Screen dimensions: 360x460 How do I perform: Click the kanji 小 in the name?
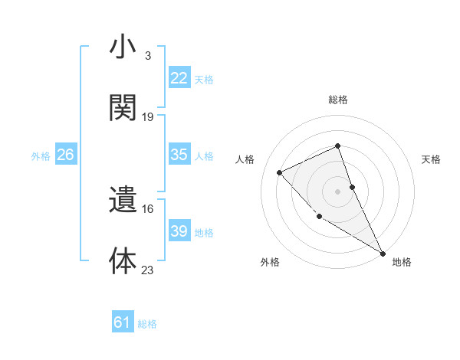pyautogui.click(x=123, y=48)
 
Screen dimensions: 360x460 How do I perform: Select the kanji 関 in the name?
pyautogui.click(x=123, y=108)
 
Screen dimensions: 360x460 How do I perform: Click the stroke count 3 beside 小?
pyautogui.click(x=147, y=56)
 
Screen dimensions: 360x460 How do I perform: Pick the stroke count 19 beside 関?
pyautogui.click(x=148, y=116)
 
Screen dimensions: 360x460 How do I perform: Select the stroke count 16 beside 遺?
pyautogui.click(x=148, y=208)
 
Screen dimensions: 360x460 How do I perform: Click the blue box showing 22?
pyautogui.click(x=179, y=78)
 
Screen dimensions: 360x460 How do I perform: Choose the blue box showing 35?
pyautogui.click(x=179, y=155)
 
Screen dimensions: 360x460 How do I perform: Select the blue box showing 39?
pyautogui.click(x=179, y=231)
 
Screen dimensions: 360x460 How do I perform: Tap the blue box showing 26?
pyautogui.click(x=65, y=155)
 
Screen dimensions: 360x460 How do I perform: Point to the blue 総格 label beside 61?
pyautogui.click(x=147, y=324)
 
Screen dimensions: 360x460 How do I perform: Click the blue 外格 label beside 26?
pyautogui.click(x=41, y=155)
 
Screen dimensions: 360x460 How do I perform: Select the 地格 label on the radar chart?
pyautogui.click(x=402, y=262)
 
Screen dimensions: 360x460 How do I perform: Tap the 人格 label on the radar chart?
pyautogui.click(x=245, y=159)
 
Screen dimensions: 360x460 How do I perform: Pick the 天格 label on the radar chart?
pyautogui.click(x=431, y=159)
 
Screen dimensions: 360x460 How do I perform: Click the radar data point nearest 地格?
pyautogui.click(x=383, y=253)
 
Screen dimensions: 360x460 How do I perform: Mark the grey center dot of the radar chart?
pyautogui.click(x=337, y=191)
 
